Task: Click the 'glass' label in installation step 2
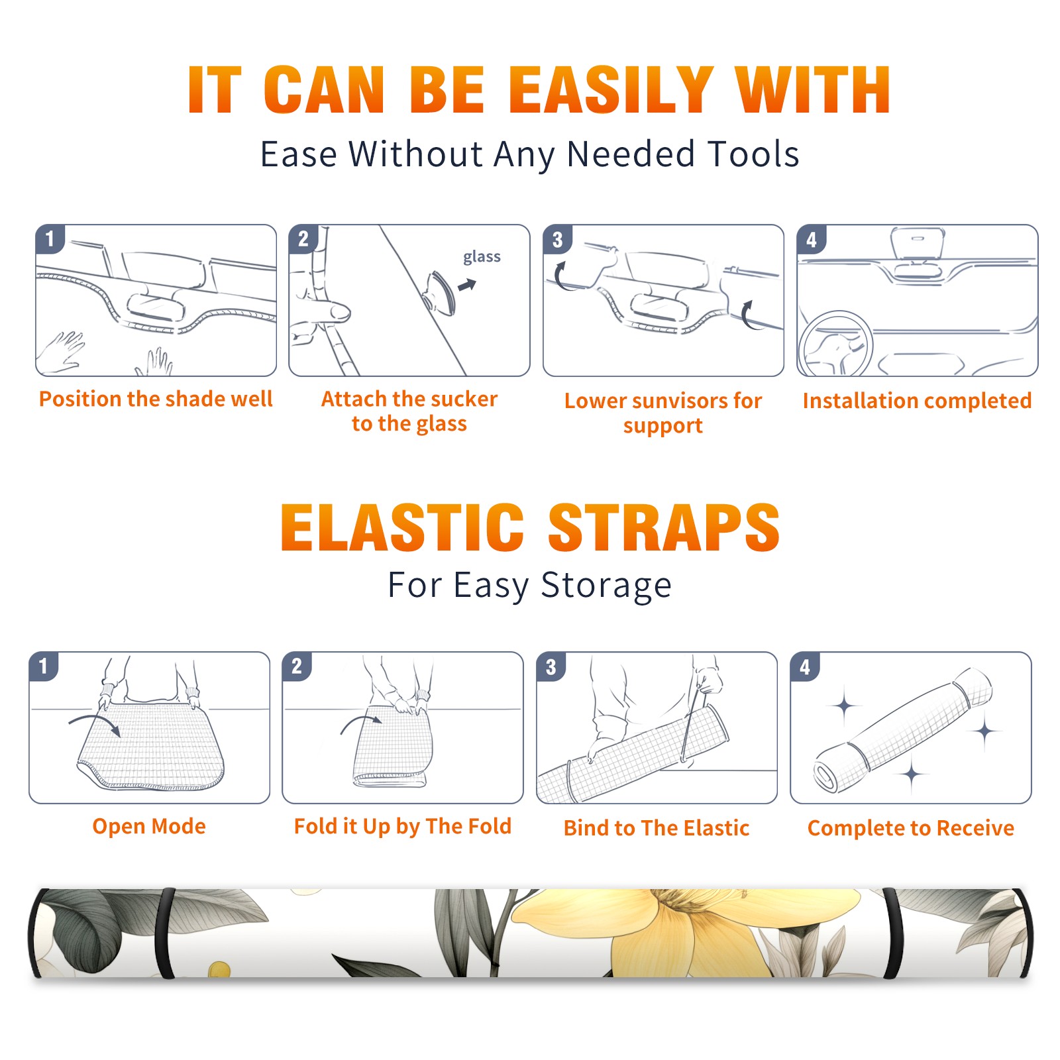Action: tap(482, 257)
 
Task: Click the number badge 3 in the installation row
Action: tap(557, 239)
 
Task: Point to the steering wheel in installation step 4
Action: tap(835, 344)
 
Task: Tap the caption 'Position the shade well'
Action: tap(156, 399)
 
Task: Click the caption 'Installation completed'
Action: tap(917, 400)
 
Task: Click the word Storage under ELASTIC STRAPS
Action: tap(606, 586)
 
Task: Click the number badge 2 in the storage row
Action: tap(297, 666)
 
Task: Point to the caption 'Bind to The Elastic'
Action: tap(656, 827)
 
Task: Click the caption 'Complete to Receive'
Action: tap(910, 828)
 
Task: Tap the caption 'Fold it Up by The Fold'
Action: tap(403, 826)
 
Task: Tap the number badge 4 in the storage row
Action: tap(805, 666)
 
